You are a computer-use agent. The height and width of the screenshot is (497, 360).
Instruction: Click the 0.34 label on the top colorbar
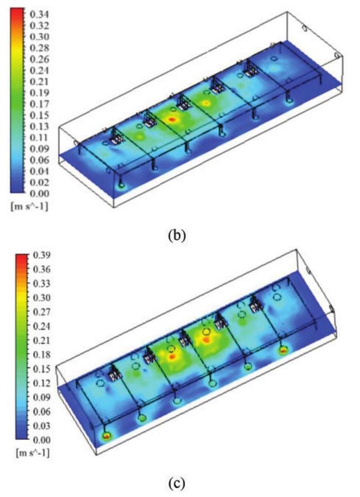[39, 14]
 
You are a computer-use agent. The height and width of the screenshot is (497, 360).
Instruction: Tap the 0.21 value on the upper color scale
[39, 82]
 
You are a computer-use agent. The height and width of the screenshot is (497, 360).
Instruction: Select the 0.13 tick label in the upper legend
[39, 127]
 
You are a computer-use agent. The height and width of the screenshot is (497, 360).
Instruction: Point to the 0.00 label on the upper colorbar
[39, 193]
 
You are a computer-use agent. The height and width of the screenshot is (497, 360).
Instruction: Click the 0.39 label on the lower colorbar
[42, 255]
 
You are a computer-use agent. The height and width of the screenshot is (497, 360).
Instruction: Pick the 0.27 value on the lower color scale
[42, 312]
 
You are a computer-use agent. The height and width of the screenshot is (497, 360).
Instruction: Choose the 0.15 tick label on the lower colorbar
[42, 369]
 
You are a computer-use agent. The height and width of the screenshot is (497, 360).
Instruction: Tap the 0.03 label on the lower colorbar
[42, 426]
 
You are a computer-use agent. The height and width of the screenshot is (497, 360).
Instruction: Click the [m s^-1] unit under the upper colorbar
[29, 207]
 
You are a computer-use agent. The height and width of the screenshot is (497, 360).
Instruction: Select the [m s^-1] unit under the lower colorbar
[33, 453]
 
